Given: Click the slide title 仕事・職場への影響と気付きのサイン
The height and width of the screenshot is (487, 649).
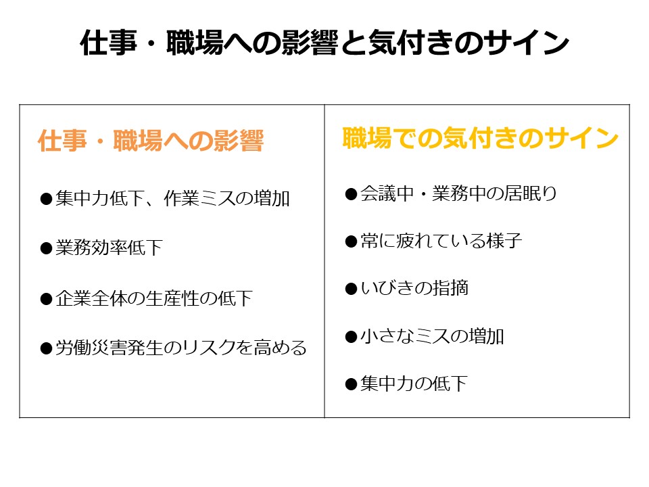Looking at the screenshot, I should [x=324, y=44].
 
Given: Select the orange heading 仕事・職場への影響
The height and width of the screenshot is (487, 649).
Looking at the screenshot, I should [x=150, y=141].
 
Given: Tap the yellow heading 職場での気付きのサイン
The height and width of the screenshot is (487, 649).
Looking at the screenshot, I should [x=481, y=138].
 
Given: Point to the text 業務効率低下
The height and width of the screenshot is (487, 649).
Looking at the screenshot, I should [x=110, y=248].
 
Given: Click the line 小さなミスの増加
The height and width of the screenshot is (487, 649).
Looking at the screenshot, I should [x=432, y=336].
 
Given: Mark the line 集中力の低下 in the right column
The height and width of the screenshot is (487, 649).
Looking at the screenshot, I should [x=414, y=384].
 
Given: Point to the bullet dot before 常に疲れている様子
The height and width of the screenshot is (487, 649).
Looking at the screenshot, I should [x=350, y=241].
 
